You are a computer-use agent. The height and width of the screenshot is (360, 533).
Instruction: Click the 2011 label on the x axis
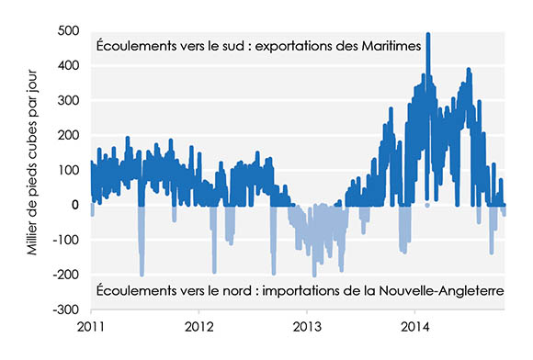[90, 326]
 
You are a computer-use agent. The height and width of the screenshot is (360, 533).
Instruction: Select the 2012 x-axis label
[198, 326]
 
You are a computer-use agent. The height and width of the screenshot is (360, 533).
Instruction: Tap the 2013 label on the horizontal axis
[307, 326]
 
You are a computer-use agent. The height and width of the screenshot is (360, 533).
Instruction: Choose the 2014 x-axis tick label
[415, 326]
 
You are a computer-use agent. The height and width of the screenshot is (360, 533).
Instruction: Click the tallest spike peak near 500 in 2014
[428, 35]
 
